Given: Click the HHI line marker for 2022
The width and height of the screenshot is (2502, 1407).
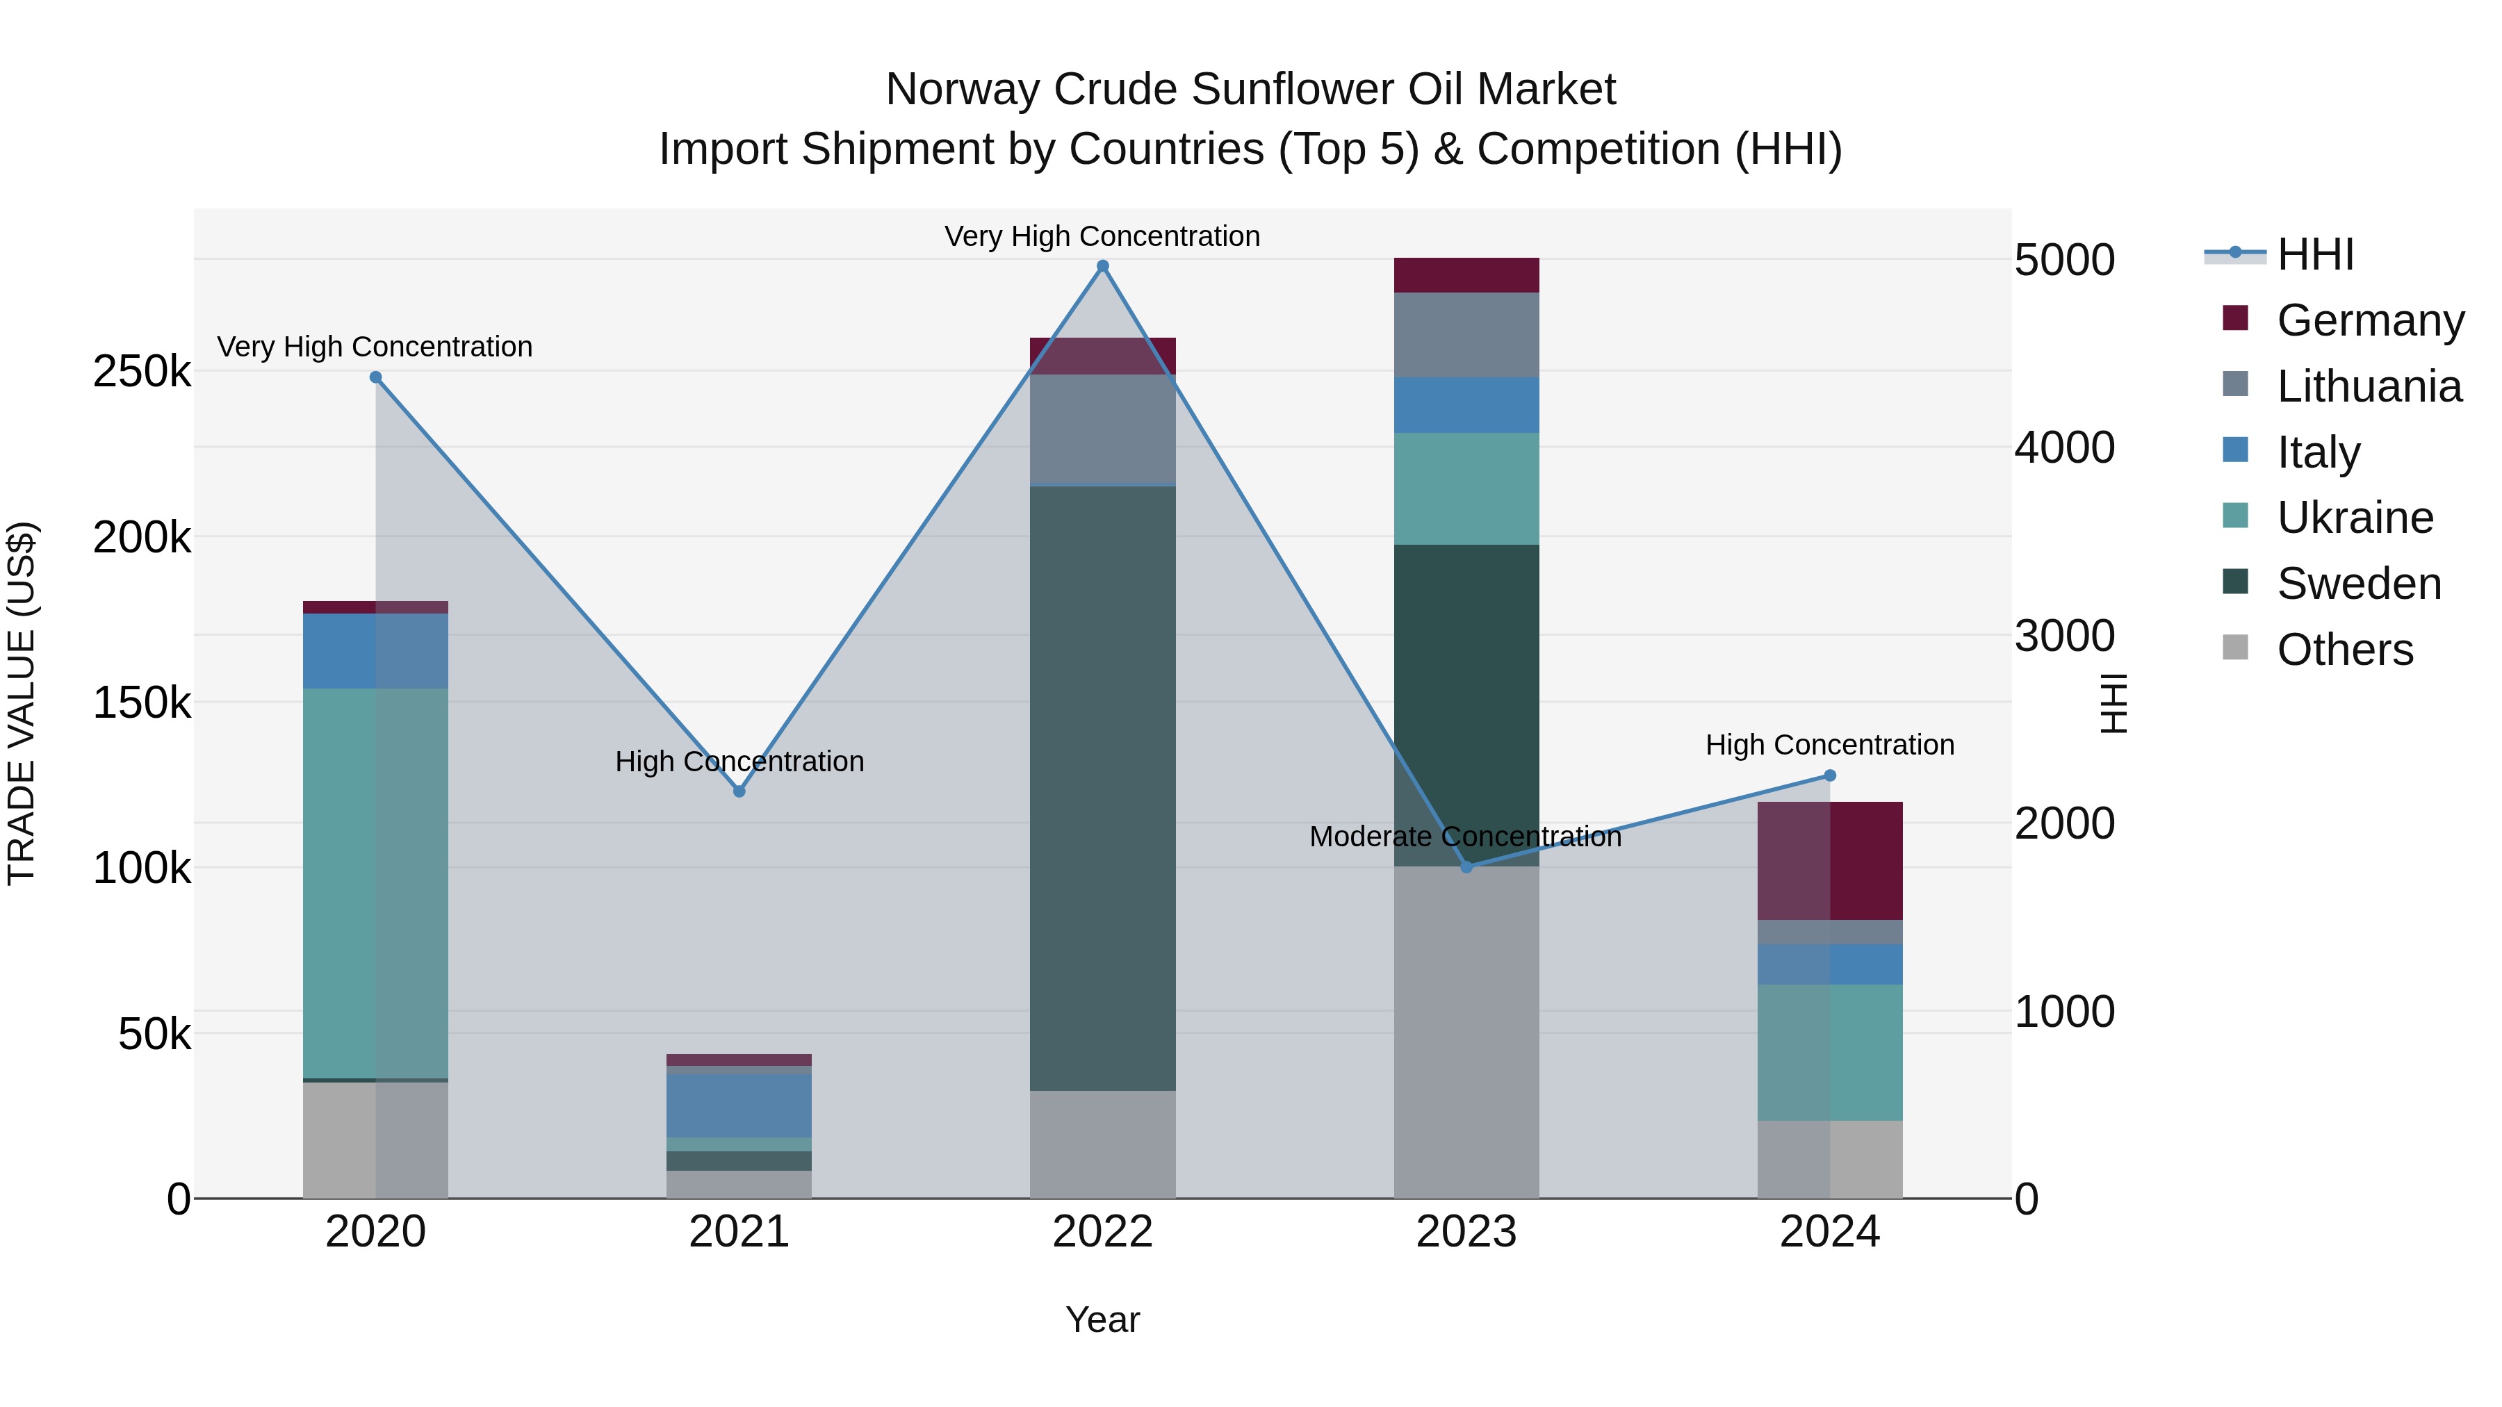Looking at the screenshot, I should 1102,266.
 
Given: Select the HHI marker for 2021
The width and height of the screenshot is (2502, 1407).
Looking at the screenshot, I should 739,791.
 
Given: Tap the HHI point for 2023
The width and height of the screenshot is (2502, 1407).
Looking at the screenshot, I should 1466,867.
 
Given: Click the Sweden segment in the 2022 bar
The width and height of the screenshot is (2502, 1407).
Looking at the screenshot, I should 1102,787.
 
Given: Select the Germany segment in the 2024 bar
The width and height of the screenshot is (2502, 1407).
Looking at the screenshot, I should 1830,860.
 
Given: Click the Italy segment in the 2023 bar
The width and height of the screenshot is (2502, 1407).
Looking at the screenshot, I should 1466,405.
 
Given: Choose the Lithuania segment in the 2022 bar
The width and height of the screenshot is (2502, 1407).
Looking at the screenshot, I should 1102,429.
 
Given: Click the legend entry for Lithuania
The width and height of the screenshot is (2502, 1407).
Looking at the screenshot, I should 2368,386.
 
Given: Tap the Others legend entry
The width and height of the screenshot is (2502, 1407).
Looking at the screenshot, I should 2344,650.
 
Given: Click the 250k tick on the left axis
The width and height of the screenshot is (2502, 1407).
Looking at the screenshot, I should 142,372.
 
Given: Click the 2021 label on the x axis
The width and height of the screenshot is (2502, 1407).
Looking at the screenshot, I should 739,1232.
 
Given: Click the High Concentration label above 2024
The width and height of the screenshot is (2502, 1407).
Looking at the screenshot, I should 1830,746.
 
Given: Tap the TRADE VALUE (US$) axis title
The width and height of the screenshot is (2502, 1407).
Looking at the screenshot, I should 22,703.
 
